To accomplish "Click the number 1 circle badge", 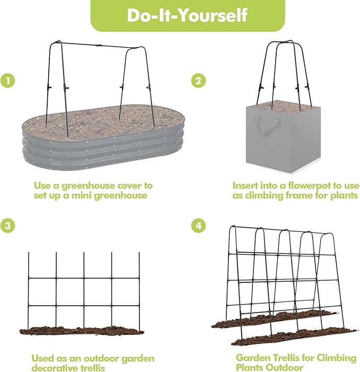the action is tap(7, 81).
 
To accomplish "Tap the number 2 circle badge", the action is tap(198, 81).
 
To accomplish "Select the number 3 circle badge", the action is tap(7, 226).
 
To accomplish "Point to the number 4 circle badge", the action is tap(198, 226).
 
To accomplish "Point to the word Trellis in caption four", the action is tap(293, 358).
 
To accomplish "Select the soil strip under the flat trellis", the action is tap(81, 330).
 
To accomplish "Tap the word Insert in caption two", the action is tap(245, 186).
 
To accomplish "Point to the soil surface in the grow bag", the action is tap(284, 106).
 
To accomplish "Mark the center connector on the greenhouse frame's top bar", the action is tap(98, 45).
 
